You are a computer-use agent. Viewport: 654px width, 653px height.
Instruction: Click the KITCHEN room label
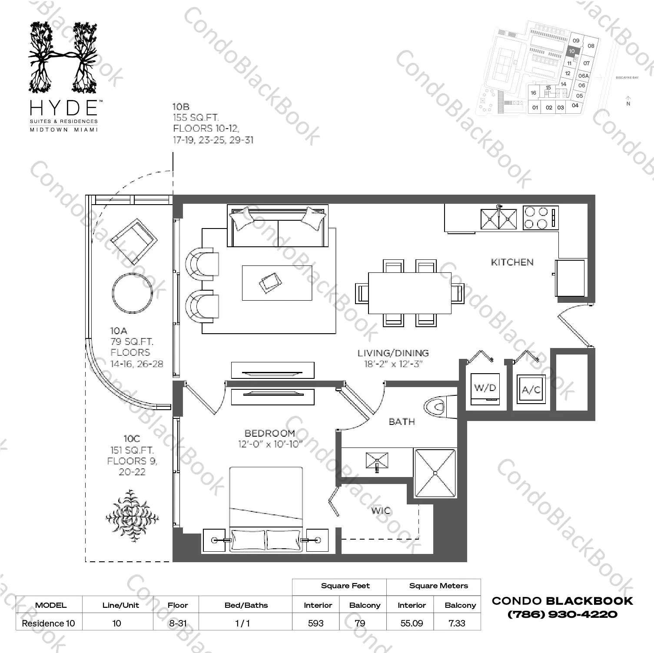pyautogui.click(x=512, y=262)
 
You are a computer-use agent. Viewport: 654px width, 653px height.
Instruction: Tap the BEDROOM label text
pyautogui.click(x=270, y=433)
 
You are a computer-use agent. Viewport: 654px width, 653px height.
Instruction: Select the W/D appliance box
pyautogui.click(x=485, y=388)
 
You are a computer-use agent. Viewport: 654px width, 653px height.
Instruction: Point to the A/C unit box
pyautogui.click(x=531, y=390)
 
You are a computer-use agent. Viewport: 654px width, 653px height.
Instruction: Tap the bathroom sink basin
pyautogui.click(x=377, y=461)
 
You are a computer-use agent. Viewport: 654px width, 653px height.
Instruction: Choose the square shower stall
pyautogui.click(x=435, y=473)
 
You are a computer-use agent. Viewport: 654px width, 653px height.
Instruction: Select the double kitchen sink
pyautogui.click(x=498, y=219)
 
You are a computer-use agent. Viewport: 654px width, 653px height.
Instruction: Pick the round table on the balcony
pyautogui.click(x=133, y=293)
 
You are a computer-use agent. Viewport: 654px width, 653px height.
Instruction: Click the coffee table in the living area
pyautogui.click(x=277, y=283)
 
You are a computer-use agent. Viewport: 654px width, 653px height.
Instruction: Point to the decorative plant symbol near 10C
pyautogui.click(x=131, y=516)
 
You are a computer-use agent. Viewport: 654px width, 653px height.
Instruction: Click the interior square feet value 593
pyautogui.click(x=316, y=623)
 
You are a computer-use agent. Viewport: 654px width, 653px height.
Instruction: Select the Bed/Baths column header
pyautogui.click(x=246, y=605)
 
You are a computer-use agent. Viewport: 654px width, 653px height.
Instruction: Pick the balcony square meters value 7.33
pyautogui.click(x=457, y=623)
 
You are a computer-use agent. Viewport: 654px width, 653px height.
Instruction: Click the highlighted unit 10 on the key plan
pyautogui.click(x=572, y=51)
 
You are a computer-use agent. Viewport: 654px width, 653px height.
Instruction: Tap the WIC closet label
pyautogui.click(x=381, y=510)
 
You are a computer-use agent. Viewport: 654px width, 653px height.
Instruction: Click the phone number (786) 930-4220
pyautogui.click(x=562, y=614)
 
